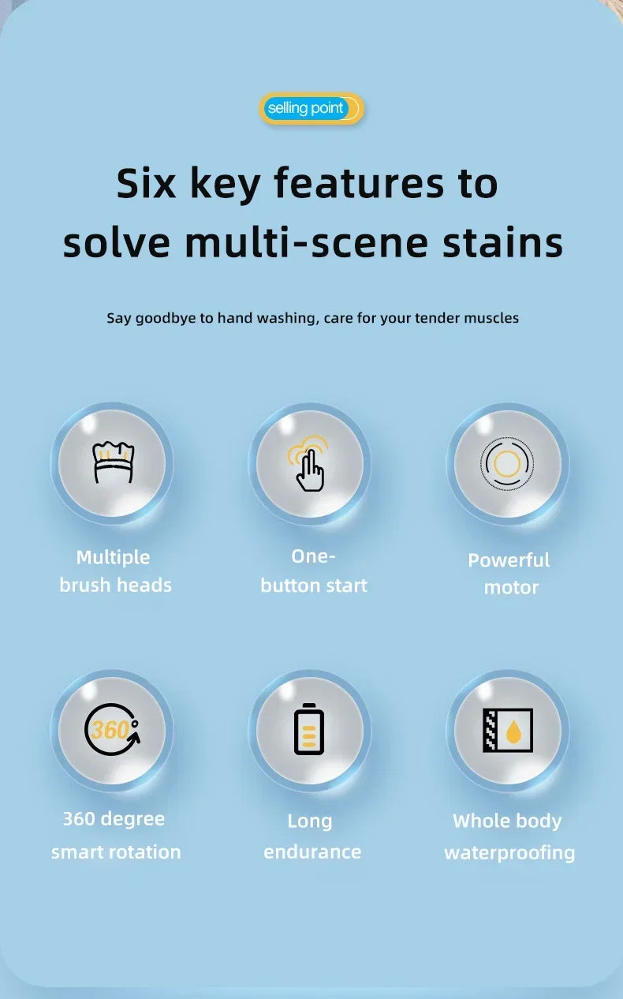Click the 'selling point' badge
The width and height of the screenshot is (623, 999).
coord(311,108)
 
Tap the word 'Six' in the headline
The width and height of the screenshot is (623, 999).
coord(146,183)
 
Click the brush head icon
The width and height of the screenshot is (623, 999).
coord(114,462)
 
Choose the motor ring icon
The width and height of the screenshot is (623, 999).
coord(507,464)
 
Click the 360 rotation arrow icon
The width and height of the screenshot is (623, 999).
coord(112,730)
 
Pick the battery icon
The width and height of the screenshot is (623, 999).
coord(309,730)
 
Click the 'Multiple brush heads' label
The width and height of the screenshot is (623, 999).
coord(115,571)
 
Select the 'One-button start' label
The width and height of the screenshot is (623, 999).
coord(314,571)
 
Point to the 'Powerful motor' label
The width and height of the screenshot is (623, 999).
coord(509,574)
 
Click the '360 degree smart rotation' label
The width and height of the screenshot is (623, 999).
coord(115,836)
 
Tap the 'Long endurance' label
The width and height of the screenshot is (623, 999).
coord(312,836)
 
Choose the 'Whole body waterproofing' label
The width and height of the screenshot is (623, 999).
coord(509,837)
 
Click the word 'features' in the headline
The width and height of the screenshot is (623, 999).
coord(359,183)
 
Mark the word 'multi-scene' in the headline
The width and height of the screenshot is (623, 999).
coord(306,242)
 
